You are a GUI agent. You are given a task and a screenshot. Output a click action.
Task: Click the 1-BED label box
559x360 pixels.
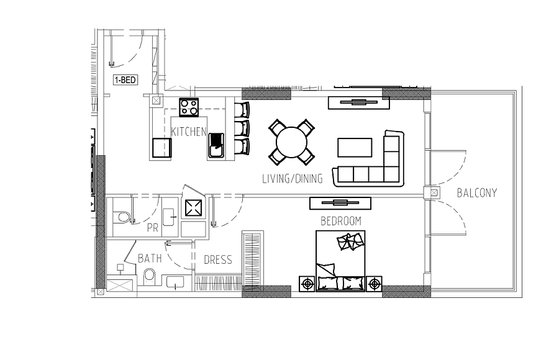tap(125, 80)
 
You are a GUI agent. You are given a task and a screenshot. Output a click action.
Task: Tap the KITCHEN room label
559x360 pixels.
tap(189, 132)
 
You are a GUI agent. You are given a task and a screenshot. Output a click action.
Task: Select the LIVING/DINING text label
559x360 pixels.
tap(293, 179)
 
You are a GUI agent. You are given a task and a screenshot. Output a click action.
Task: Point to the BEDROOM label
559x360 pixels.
tap(341, 222)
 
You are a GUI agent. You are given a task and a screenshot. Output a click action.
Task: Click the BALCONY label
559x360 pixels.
tap(476, 193)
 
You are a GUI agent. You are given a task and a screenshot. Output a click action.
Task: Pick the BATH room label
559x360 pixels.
tap(150, 258)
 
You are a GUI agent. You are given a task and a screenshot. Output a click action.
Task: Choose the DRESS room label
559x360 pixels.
tap(218, 259)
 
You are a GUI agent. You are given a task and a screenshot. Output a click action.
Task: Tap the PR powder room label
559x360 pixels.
tap(153, 228)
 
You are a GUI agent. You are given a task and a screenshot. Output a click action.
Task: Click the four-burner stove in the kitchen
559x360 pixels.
tap(189, 107)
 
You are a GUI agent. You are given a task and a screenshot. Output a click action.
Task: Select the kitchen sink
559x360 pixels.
tap(216, 145)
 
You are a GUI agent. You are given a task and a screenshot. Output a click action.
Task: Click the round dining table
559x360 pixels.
tap(292, 142)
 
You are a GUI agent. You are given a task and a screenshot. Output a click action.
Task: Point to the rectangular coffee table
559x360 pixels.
tap(355, 148)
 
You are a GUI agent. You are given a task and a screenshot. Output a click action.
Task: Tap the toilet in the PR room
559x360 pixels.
tap(122, 217)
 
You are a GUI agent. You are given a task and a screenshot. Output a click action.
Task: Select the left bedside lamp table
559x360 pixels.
tap(307, 284)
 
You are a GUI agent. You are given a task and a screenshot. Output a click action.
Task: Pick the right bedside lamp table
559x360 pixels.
tap(374, 284)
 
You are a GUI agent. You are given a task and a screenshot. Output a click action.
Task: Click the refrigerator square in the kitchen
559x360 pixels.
tap(162, 148)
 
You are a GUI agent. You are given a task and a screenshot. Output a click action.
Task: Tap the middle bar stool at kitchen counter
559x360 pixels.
tap(242, 128)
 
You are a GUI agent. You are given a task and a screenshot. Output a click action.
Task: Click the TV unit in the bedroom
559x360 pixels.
tap(340, 203)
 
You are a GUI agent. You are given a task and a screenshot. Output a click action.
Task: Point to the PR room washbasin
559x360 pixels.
tap(170, 217)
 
